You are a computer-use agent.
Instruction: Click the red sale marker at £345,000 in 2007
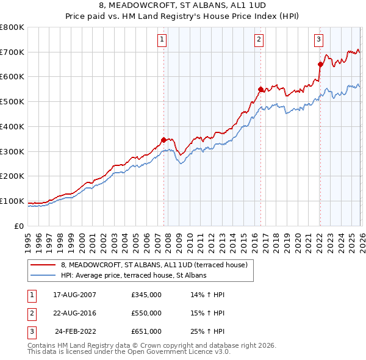163,140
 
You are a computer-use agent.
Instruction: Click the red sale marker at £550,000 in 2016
260,89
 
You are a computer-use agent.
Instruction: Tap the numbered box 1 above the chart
162,40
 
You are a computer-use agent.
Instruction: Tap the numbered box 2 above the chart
259,40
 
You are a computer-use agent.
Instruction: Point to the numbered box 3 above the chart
318,40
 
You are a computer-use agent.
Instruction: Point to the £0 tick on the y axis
20,226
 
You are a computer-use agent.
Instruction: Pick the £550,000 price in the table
146,313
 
